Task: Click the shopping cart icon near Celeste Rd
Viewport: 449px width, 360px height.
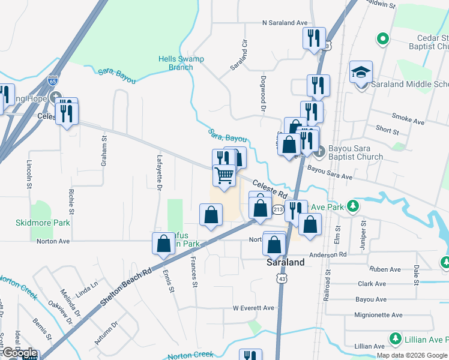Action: click(x=224, y=176)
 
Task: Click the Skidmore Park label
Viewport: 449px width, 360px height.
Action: click(x=43, y=223)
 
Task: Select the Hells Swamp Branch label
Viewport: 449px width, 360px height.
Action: click(x=181, y=63)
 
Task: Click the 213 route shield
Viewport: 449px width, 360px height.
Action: click(x=277, y=209)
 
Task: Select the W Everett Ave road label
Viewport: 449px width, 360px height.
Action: click(x=253, y=308)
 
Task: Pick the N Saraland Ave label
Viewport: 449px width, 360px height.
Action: click(x=285, y=23)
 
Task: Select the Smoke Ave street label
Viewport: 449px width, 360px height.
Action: click(x=408, y=122)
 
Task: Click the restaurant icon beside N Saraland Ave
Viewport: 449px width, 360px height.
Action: click(x=314, y=39)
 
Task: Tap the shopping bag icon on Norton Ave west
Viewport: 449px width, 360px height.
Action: click(x=164, y=244)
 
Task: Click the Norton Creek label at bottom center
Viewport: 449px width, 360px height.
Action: click(x=191, y=355)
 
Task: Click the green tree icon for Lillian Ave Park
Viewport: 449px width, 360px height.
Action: click(x=396, y=340)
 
